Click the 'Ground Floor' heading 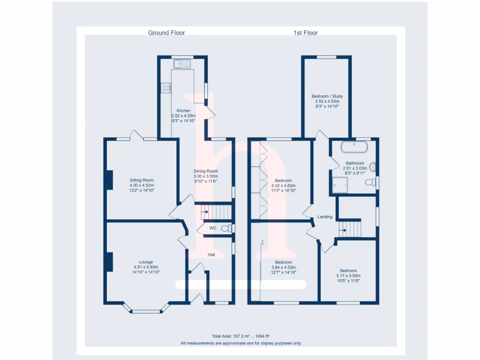(x=166, y=33)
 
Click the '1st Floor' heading (x=306, y=33)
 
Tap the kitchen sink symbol (x=182, y=64)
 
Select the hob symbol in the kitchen (x=165, y=87)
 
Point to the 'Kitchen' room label (x=183, y=111)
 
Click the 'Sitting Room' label (x=142, y=180)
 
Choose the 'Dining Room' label (x=206, y=171)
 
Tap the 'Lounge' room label (x=146, y=262)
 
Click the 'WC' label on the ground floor (x=212, y=228)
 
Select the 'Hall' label (x=211, y=255)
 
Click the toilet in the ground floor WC (x=226, y=228)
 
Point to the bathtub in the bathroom (x=355, y=147)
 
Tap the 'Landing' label (x=325, y=217)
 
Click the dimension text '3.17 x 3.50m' (x=348, y=276)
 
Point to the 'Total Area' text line (x=241, y=336)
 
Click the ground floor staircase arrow (x=205, y=212)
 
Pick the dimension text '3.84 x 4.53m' (x=283, y=268)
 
